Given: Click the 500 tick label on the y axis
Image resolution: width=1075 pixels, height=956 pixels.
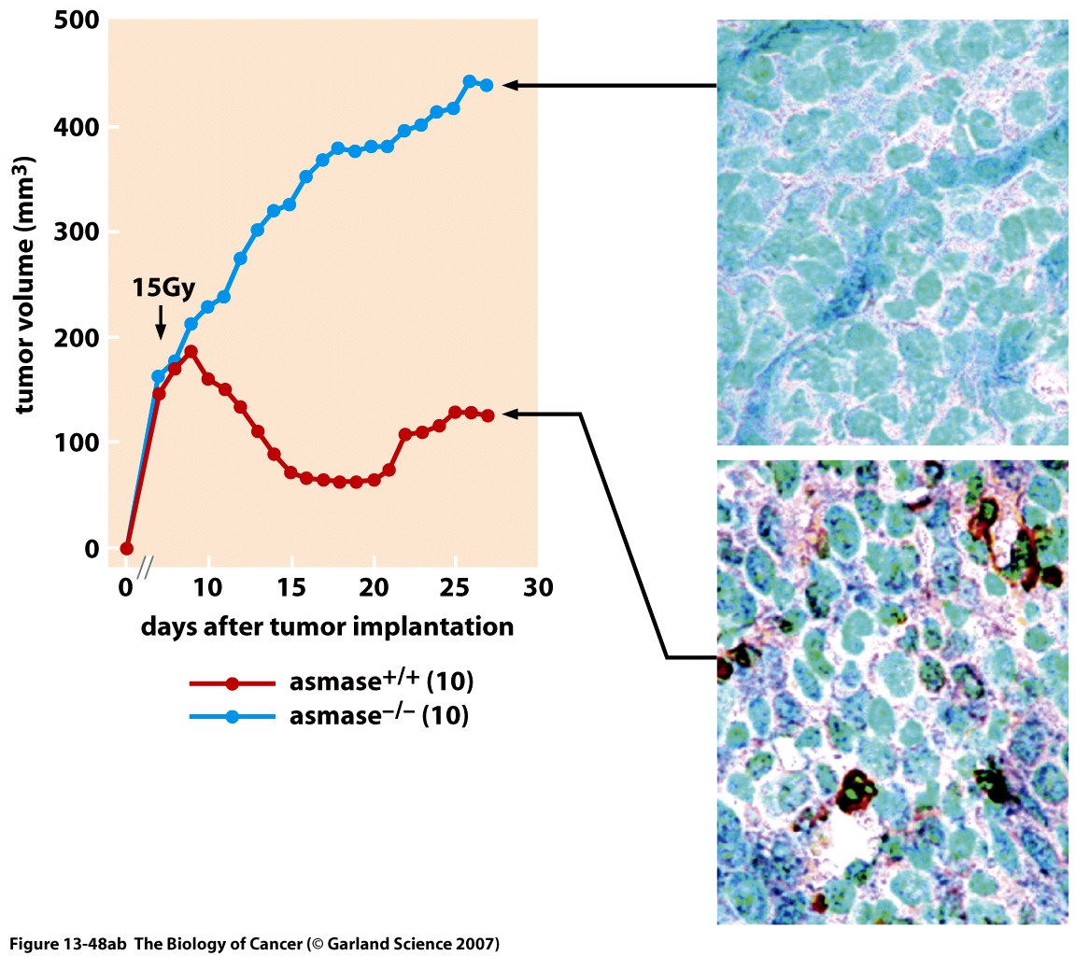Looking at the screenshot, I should pos(77,21).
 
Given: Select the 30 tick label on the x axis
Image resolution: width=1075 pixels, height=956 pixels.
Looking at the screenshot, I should pos(537,588).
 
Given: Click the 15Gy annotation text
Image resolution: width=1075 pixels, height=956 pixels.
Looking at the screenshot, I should pos(165,288).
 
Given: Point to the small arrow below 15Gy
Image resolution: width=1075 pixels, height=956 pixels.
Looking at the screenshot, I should pos(161,325).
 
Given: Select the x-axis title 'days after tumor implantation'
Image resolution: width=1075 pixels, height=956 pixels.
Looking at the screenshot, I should pos(327,626).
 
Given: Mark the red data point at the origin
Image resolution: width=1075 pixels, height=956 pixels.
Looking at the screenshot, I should pos(127,549).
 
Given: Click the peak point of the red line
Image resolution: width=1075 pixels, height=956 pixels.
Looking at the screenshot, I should pos(191,352).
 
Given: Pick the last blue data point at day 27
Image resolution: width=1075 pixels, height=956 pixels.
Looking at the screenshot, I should pos(487,85).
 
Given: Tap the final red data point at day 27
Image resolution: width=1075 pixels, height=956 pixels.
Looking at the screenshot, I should pos(487,415).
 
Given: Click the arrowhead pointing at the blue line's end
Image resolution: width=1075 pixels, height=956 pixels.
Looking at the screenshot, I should pos(510,85).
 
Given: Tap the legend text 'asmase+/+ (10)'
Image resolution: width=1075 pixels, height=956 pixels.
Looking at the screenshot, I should pos(382,682).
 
